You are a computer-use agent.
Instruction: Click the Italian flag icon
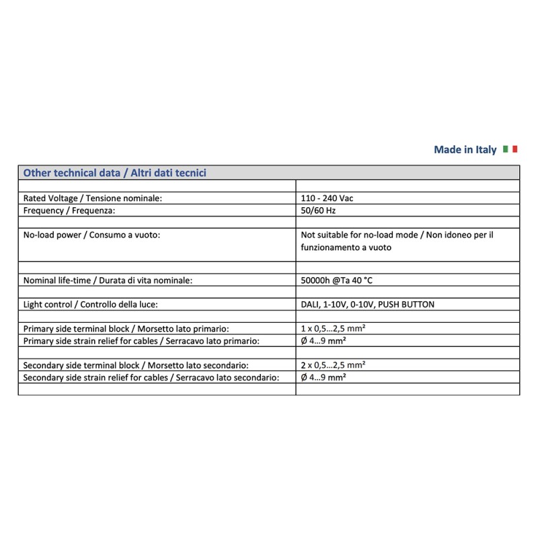pyautogui.click(x=510, y=149)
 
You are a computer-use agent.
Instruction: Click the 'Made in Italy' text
pyautogui.click(x=465, y=150)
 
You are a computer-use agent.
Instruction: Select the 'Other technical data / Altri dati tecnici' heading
pyautogui.click(x=115, y=173)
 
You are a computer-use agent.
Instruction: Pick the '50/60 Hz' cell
pyautogui.click(x=319, y=210)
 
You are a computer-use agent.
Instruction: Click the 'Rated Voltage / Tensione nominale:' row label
pyautogui.click(x=93, y=198)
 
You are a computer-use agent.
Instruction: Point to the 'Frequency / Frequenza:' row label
pyautogui.click(x=69, y=210)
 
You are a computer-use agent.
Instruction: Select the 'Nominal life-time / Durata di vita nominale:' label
pyautogui.click(x=108, y=280)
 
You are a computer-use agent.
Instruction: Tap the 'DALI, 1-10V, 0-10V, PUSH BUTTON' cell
pyautogui.click(x=368, y=304)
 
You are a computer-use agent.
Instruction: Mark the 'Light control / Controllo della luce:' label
pyautogui.click(x=91, y=304)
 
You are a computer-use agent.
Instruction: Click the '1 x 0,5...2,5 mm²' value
pyautogui.click(x=334, y=328)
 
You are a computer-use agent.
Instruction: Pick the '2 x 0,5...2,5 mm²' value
pyautogui.click(x=334, y=365)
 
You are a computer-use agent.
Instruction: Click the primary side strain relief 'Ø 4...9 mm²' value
pyautogui.click(x=323, y=340)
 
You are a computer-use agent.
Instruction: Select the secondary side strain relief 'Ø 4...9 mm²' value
pyautogui.click(x=323, y=377)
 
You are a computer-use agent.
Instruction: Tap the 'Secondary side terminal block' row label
pyautogui.click(x=135, y=365)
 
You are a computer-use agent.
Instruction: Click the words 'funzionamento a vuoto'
pyautogui.click(x=346, y=247)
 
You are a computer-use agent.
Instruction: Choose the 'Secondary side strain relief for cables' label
pyautogui.click(x=151, y=377)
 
